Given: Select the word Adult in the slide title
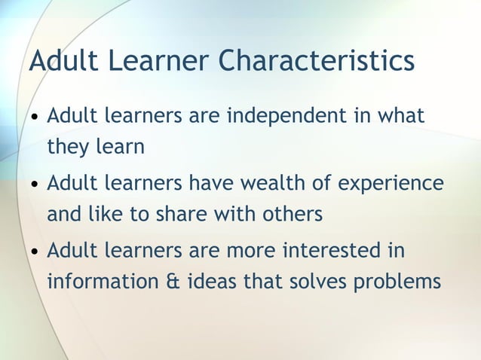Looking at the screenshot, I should tap(61, 60).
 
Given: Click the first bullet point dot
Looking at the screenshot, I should tap(35, 119).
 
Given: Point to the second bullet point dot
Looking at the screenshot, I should tap(35, 185).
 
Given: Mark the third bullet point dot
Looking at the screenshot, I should tap(35, 251).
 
